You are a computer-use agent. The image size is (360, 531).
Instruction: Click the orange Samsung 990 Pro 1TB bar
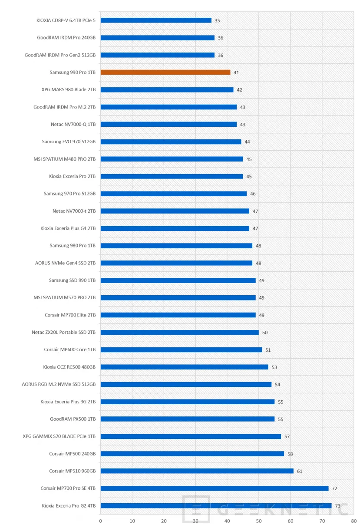(165, 73)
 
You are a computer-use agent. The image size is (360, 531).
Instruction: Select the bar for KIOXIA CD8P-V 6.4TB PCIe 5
(156, 20)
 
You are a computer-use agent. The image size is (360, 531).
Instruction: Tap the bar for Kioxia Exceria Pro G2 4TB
(216, 506)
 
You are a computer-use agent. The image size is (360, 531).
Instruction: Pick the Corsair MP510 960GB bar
(197, 471)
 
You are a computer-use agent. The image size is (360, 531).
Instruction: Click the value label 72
(334, 488)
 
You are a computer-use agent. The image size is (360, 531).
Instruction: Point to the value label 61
(300, 471)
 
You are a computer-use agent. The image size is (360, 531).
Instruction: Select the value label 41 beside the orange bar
(236, 73)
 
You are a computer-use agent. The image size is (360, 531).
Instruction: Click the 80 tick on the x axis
(353, 521)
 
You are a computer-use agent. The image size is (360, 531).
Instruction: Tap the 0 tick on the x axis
(101, 521)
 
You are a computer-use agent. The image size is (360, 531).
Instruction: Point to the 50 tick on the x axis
(259, 521)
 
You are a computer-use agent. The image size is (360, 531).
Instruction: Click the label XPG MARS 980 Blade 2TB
(69, 89)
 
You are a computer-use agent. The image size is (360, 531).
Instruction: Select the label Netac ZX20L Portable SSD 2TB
(63, 332)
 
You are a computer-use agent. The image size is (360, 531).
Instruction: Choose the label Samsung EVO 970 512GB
(69, 142)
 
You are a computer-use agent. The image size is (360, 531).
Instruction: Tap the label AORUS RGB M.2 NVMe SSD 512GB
(59, 384)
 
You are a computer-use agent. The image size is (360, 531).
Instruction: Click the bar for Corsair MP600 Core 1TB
(181, 350)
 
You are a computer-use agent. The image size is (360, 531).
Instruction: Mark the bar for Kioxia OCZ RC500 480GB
(184, 367)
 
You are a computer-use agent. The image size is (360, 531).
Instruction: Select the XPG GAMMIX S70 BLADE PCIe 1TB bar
(191, 436)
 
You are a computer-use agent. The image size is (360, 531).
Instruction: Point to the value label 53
(274, 367)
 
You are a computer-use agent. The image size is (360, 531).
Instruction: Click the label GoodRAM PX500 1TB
(73, 419)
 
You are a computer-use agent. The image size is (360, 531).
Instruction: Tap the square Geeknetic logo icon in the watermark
(196, 509)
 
